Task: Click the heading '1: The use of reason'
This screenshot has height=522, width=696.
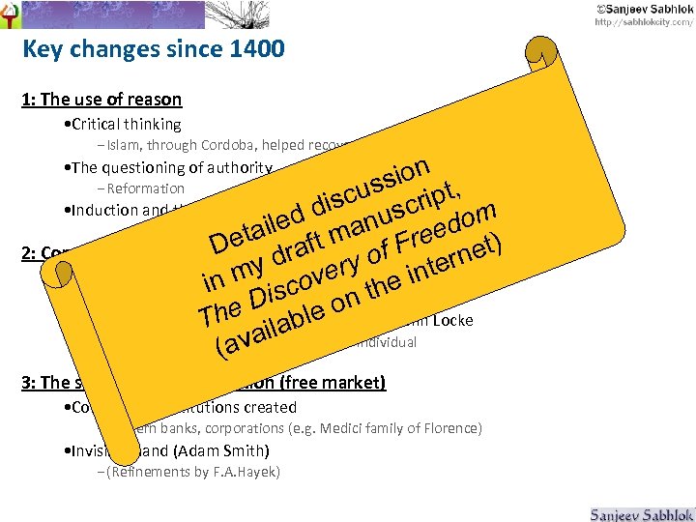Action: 101,99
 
